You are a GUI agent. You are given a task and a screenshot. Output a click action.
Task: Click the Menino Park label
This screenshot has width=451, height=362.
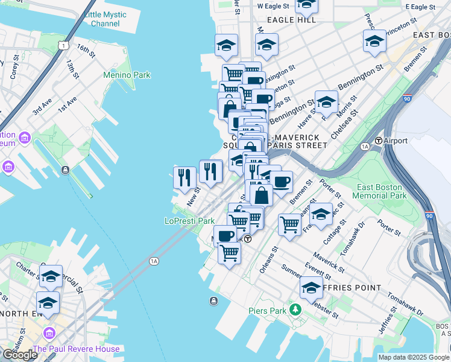click(127, 75)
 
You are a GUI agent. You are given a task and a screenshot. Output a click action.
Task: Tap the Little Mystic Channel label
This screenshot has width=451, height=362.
click(106, 19)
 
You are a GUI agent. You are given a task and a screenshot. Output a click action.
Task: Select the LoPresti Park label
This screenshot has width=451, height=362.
click(190, 221)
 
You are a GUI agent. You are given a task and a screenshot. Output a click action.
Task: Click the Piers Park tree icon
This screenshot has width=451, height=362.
click(295, 310)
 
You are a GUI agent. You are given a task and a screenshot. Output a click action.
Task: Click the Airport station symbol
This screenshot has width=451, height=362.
click(379, 141)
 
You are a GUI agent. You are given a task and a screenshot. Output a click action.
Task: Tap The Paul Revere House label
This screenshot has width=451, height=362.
click(76, 349)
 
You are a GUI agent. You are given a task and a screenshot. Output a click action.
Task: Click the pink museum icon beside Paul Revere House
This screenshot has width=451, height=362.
click(49, 333)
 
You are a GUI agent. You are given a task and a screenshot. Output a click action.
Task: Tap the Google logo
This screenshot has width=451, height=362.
click(20, 354)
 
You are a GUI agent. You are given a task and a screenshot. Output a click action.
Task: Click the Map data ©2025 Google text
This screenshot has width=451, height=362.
click(414, 357)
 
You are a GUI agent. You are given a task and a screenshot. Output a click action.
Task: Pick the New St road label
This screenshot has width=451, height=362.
click(194, 197)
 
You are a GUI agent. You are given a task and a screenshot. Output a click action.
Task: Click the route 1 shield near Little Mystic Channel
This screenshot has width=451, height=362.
click(62, 45)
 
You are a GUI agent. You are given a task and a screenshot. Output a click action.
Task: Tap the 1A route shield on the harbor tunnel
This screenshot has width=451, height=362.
click(154, 261)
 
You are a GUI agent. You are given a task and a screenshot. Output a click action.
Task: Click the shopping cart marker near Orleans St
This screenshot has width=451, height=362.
click(290, 224)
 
